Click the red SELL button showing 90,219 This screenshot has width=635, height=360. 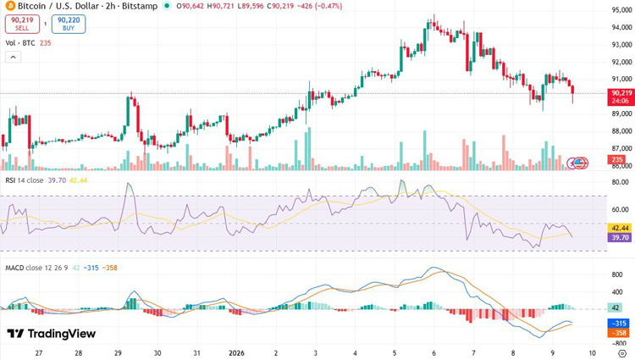[22, 23]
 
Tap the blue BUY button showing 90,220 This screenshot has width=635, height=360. [68, 23]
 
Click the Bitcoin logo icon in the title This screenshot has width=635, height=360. [9, 6]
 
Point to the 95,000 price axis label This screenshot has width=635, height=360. [621, 10]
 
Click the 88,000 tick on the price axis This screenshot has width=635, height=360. [621, 131]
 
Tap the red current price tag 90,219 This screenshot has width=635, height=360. [621, 92]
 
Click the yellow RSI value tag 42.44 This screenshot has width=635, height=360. [619, 228]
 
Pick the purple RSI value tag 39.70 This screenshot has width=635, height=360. [619, 238]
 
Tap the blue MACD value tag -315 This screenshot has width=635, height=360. [618, 323]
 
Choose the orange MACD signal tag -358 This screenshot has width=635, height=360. [618, 333]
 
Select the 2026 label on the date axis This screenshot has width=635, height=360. [237, 352]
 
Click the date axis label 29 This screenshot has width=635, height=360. [118, 352]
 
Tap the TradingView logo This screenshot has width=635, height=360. [51, 334]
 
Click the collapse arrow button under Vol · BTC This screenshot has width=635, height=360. [14, 57]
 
